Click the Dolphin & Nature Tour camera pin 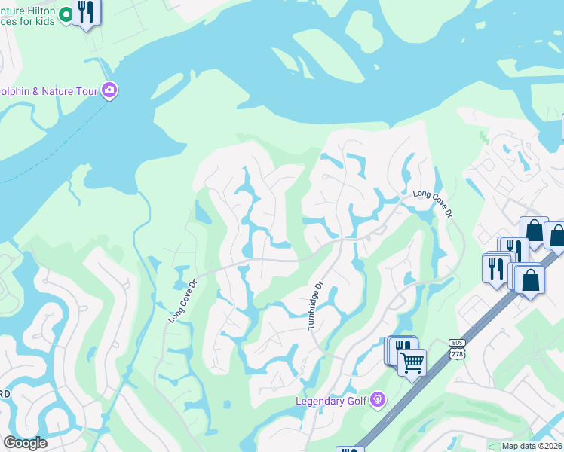pyautogui.click(x=110, y=91)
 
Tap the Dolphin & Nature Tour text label pyautogui.click(x=49, y=91)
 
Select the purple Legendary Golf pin pyautogui.click(x=379, y=400)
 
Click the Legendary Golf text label pyautogui.click(x=332, y=401)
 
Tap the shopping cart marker pyautogui.click(x=412, y=363)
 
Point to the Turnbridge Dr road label pyautogui.click(x=315, y=305)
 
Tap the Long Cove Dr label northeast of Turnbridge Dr pyautogui.click(x=433, y=203)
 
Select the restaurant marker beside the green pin pyautogui.click(x=86, y=12)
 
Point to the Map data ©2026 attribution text pyautogui.click(x=532, y=446)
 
